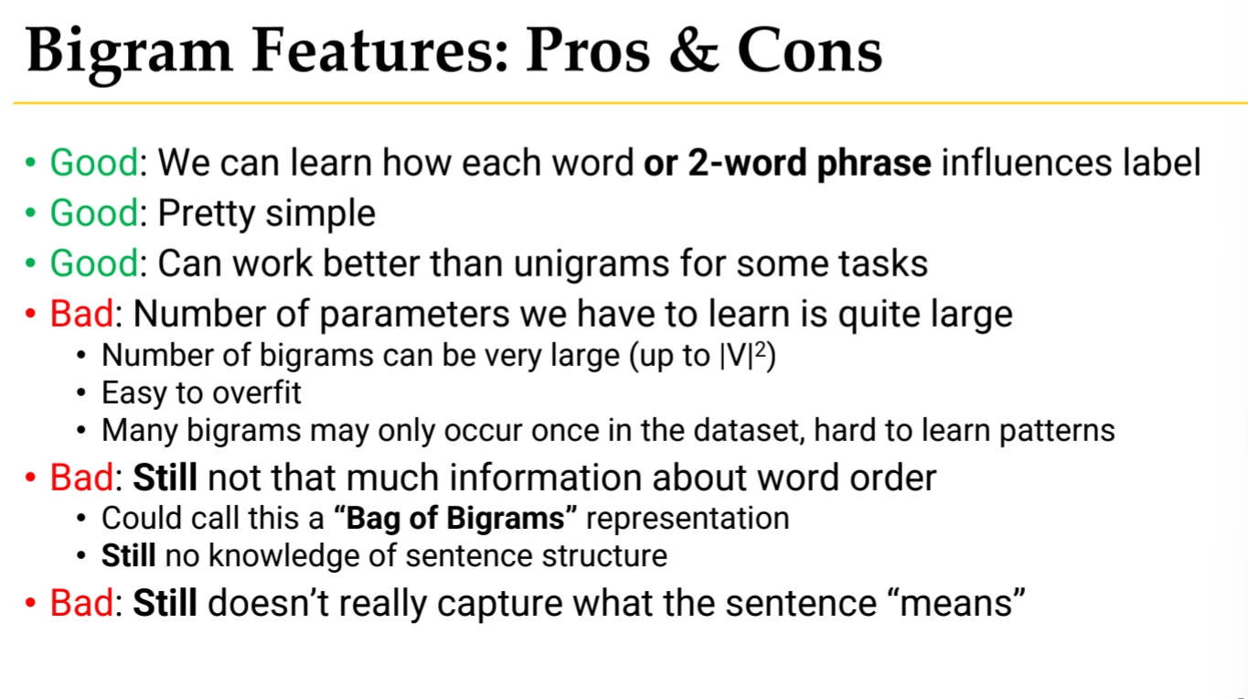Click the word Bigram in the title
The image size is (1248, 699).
point(129,54)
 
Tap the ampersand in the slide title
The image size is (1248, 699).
point(693,49)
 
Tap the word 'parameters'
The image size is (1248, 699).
point(414,315)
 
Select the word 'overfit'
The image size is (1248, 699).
point(257,393)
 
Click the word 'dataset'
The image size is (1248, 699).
point(749,430)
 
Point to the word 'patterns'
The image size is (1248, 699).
point(1057,431)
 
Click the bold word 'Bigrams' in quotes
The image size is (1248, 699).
point(506,519)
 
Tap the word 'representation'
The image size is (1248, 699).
point(688,520)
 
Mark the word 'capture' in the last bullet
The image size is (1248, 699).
point(500,604)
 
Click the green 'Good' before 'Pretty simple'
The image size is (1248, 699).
point(94,213)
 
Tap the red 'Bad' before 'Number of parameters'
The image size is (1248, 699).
point(82,314)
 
